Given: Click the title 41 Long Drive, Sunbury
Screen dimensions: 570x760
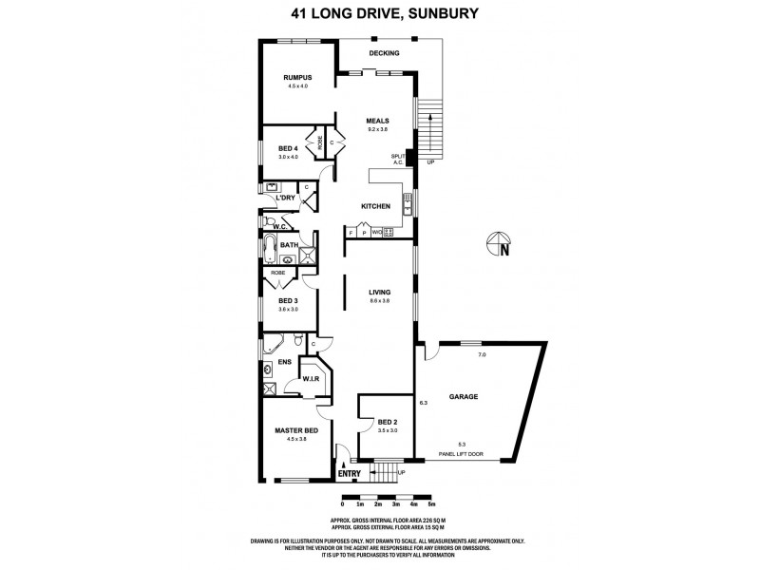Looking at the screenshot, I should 380,14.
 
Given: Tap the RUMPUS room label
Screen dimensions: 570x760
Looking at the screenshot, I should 300,78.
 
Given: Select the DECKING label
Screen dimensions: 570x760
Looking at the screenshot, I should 385,53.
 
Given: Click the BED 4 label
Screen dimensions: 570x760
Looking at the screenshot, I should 288,148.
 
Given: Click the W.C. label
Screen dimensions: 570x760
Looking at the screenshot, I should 280,227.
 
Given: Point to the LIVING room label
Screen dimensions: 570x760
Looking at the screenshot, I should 380,292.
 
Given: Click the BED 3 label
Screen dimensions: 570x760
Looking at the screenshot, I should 288,300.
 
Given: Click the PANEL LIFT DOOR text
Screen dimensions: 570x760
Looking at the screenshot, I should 461,454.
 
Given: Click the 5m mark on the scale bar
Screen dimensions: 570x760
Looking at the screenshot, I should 431,504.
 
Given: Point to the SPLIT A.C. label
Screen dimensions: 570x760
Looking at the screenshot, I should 399,159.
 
